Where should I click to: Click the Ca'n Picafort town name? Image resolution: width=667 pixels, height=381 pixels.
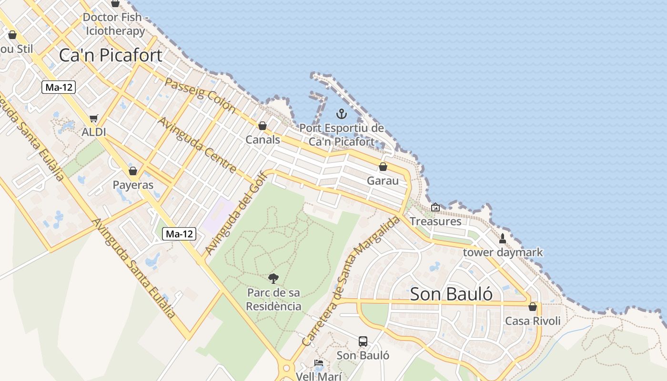tap(111, 55)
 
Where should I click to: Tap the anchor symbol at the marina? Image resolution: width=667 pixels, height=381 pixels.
tap(341, 114)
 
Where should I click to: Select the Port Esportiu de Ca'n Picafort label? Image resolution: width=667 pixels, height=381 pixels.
tap(342, 135)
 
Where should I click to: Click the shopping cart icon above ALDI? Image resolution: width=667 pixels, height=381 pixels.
tap(94, 118)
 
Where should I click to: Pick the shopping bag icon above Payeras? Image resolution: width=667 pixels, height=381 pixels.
tap(133, 171)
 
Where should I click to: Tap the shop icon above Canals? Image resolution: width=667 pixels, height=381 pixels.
tap(262, 126)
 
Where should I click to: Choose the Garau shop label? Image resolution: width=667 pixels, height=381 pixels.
tap(383, 181)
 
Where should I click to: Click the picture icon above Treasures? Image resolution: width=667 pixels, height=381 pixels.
tap(435, 207)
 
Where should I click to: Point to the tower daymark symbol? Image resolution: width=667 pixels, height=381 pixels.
tap(502, 238)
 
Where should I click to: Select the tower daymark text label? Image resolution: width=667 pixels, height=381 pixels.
tap(503, 252)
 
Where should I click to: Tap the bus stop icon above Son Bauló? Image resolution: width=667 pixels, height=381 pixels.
tap(363, 341)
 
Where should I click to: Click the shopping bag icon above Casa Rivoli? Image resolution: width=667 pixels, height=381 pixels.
tap(533, 307)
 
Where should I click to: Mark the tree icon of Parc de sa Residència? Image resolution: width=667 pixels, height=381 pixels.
tap(273, 279)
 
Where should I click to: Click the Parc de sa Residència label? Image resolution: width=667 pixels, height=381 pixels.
tap(274, 299)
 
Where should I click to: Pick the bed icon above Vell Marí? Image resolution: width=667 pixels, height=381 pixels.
tap(319, 363)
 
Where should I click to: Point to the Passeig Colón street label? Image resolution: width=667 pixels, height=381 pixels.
tap(200, 94)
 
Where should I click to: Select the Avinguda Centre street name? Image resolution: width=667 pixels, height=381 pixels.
tap(197, 144)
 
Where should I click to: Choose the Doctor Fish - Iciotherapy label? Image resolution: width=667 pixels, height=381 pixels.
tap(115, 24)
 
